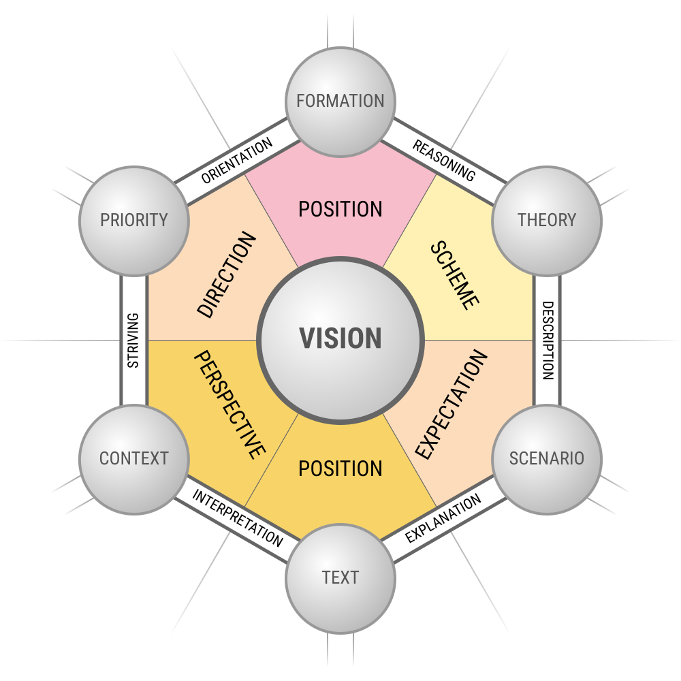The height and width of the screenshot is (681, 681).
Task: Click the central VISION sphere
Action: pos(340,339)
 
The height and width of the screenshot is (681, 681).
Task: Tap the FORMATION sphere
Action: pos(340,101)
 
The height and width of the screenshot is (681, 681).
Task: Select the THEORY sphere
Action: pos(547,220)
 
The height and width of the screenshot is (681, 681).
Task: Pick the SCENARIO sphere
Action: pos(547,458)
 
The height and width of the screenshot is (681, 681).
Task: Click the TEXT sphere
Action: pos(340,578)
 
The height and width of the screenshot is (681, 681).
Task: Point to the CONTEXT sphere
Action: pos(134,458)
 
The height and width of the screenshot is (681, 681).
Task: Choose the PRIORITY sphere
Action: pos(134,220)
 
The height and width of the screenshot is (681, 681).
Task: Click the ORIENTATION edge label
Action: pos(237,160)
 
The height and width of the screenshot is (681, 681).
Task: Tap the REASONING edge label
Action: pos(444,161)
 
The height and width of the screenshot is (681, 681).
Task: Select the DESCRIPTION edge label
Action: pos(548,340)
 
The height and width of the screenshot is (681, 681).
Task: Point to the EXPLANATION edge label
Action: pos(443,518)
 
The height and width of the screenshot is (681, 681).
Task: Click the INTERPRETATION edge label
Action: pos(237,518)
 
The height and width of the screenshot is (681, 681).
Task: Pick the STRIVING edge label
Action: pos(133,340)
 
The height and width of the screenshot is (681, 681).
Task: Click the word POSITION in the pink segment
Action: pos(340,209)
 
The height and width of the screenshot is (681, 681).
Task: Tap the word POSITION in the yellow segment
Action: pos(340,469)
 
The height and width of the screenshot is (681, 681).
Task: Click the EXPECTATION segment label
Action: pos(452,405)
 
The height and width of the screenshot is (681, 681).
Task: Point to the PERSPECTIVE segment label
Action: pos(229,405)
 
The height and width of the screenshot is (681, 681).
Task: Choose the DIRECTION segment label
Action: pos(227,274)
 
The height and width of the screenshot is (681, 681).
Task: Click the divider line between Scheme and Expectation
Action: pos(477,340)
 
